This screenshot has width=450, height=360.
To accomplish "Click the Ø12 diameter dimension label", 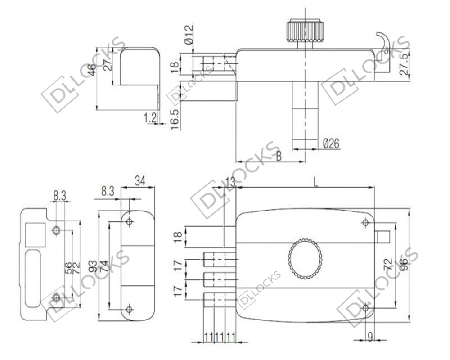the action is coord(189,35).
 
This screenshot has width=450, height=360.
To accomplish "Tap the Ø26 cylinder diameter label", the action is coord(331,143).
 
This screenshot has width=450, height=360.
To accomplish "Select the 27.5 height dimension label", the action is coord(404,64).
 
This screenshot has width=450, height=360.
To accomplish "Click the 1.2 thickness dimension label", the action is coord(150,118).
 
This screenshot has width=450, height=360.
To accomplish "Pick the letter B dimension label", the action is coord(279,156).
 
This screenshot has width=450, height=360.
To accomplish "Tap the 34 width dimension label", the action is coord(140,181).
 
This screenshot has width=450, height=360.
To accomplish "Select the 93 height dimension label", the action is coord(93,267).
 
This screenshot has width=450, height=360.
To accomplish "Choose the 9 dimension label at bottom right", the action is coord(370,337).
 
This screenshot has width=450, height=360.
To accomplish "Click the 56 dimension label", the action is coord(68,268).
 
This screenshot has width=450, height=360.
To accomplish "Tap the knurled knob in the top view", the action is coord(306,31).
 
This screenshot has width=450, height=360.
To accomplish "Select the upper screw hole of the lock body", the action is coord(365,222).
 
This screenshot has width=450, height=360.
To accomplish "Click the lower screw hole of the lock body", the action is coord(365,308).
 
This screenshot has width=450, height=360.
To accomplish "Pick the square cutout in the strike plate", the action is coord(35,234).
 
